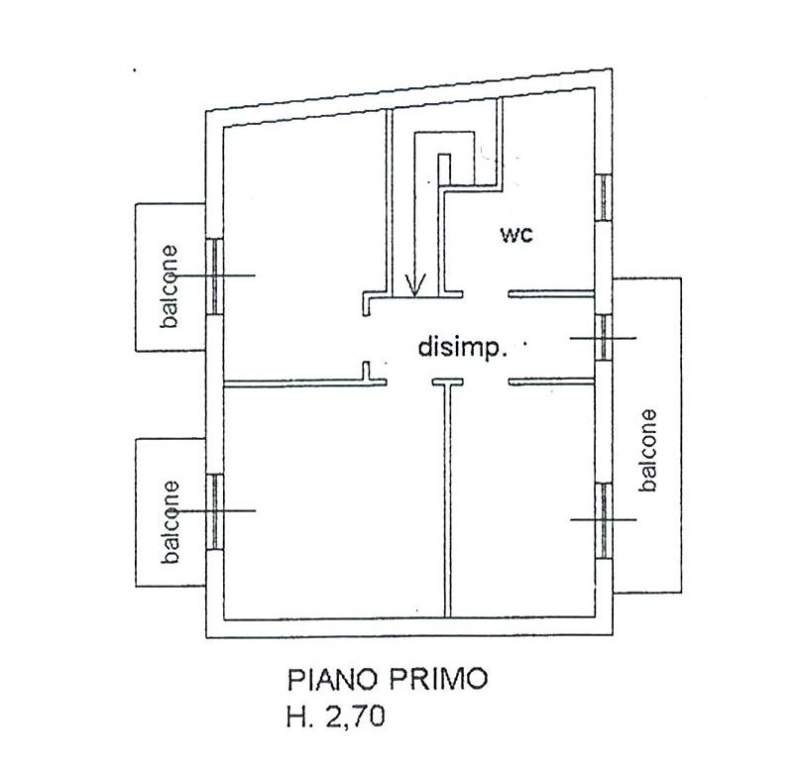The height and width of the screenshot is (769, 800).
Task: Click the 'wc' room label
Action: tap(516, 235)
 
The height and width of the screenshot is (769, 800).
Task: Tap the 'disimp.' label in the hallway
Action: tap(462, 348)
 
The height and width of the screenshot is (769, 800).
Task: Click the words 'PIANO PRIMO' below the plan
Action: tap(389, 679)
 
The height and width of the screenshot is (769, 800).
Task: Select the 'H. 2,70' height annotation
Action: tap(336, 717)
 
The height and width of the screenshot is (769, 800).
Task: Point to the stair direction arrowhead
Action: tap(415, 285)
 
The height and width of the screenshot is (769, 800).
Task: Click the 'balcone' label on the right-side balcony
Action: tap(647, 450)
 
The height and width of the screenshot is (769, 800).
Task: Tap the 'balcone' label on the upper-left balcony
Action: tap(169, 286)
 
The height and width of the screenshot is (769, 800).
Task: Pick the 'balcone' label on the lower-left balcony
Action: tap(170, 521)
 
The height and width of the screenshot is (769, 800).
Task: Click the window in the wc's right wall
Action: tap(604, 197)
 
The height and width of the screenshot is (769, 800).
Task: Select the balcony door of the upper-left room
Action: tap(215, 276)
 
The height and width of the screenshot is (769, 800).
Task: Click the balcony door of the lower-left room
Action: tap(215, 511)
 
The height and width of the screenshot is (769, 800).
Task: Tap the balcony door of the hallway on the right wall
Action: tap(604, 338)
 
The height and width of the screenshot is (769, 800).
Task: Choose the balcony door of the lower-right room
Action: tap(604, 520)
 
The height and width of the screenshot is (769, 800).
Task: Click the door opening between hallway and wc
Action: tap(486, 294)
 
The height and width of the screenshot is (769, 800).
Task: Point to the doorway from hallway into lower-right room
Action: tap(486, 381)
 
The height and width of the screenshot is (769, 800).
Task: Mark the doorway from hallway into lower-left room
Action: tap(409, 382)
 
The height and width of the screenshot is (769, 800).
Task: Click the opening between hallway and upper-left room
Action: tap(366, 339)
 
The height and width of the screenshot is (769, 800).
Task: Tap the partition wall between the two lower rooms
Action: tap(448, 500)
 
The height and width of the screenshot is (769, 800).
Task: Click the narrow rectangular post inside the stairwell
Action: tap(444, 169)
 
